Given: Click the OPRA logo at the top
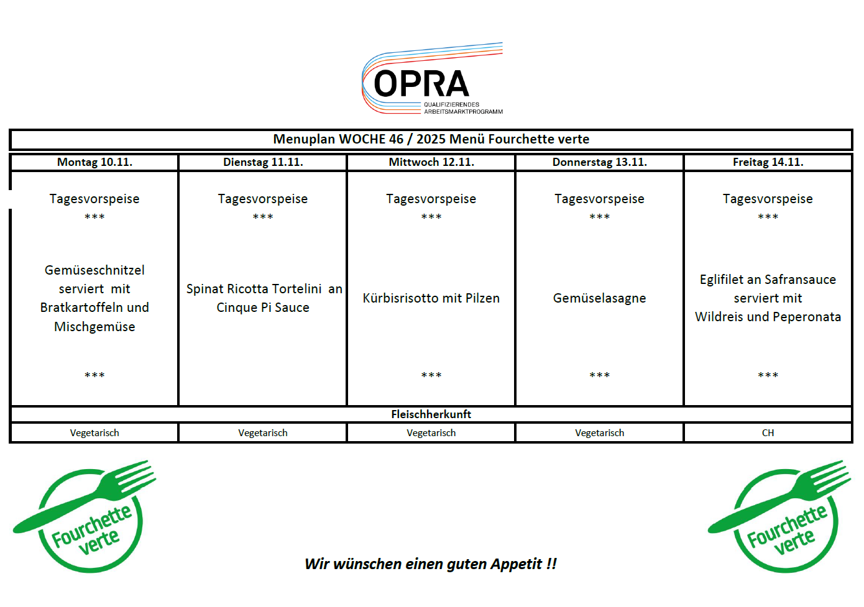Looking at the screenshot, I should coord(431,80).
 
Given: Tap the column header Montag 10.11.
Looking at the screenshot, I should coord(94,162).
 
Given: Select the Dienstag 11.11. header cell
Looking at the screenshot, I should coord(263,162).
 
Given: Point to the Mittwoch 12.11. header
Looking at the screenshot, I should coord(431,162).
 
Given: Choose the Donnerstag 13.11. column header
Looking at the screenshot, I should coord(599,162).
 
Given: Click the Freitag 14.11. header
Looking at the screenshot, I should coord(768,162).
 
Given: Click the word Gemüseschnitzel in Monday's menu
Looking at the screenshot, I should coord(94,270).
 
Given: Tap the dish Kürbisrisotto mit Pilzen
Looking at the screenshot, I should coord(431,298).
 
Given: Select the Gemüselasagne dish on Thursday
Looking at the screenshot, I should coord(599,298).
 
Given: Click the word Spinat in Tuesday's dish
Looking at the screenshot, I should coord(205,289).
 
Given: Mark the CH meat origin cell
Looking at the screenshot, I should coord(768,433).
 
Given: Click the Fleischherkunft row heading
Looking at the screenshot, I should coord(431,414).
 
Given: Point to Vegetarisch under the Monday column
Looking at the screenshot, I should coord(94,433).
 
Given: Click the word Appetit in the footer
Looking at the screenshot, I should coord(516,564).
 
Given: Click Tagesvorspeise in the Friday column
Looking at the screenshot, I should coord(768,199).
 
